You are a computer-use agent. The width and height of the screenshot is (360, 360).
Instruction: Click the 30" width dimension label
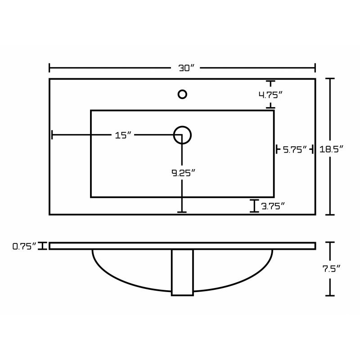coord(186,68)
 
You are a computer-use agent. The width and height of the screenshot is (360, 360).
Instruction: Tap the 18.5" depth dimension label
coord(331,149)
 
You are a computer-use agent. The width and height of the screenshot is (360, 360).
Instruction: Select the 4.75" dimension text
coord(270,94)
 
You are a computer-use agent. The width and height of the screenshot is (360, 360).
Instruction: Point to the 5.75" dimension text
coord(295,150)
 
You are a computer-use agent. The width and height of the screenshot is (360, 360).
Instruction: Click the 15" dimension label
coord(123,135)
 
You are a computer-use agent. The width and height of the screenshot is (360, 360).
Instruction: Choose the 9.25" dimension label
coord(184,173)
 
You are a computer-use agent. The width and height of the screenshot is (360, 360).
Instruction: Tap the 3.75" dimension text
coord(273,206)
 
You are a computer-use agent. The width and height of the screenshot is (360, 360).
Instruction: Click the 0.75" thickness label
coord(24,246)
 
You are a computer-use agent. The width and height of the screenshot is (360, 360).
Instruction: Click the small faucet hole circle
coord(182,94)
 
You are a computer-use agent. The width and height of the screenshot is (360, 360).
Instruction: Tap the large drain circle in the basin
coord(182,135)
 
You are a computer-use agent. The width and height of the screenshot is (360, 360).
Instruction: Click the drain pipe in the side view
coord(182,272)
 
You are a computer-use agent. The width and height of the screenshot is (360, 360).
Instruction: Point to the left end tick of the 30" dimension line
coord(49,68)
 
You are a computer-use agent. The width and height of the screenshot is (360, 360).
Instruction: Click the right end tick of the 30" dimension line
coord(315,68)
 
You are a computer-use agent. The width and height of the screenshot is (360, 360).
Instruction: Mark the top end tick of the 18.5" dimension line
coord(330,78)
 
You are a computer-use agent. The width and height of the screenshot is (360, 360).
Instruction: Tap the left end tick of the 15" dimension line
coord(52,135)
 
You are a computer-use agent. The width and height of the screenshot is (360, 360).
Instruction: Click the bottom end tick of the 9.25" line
coord(182,212)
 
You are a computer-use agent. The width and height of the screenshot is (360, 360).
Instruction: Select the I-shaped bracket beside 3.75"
coord(254,206)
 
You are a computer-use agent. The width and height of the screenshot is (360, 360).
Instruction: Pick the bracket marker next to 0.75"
coord(42,246)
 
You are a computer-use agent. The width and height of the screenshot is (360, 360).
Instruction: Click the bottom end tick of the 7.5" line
coord(330,296)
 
